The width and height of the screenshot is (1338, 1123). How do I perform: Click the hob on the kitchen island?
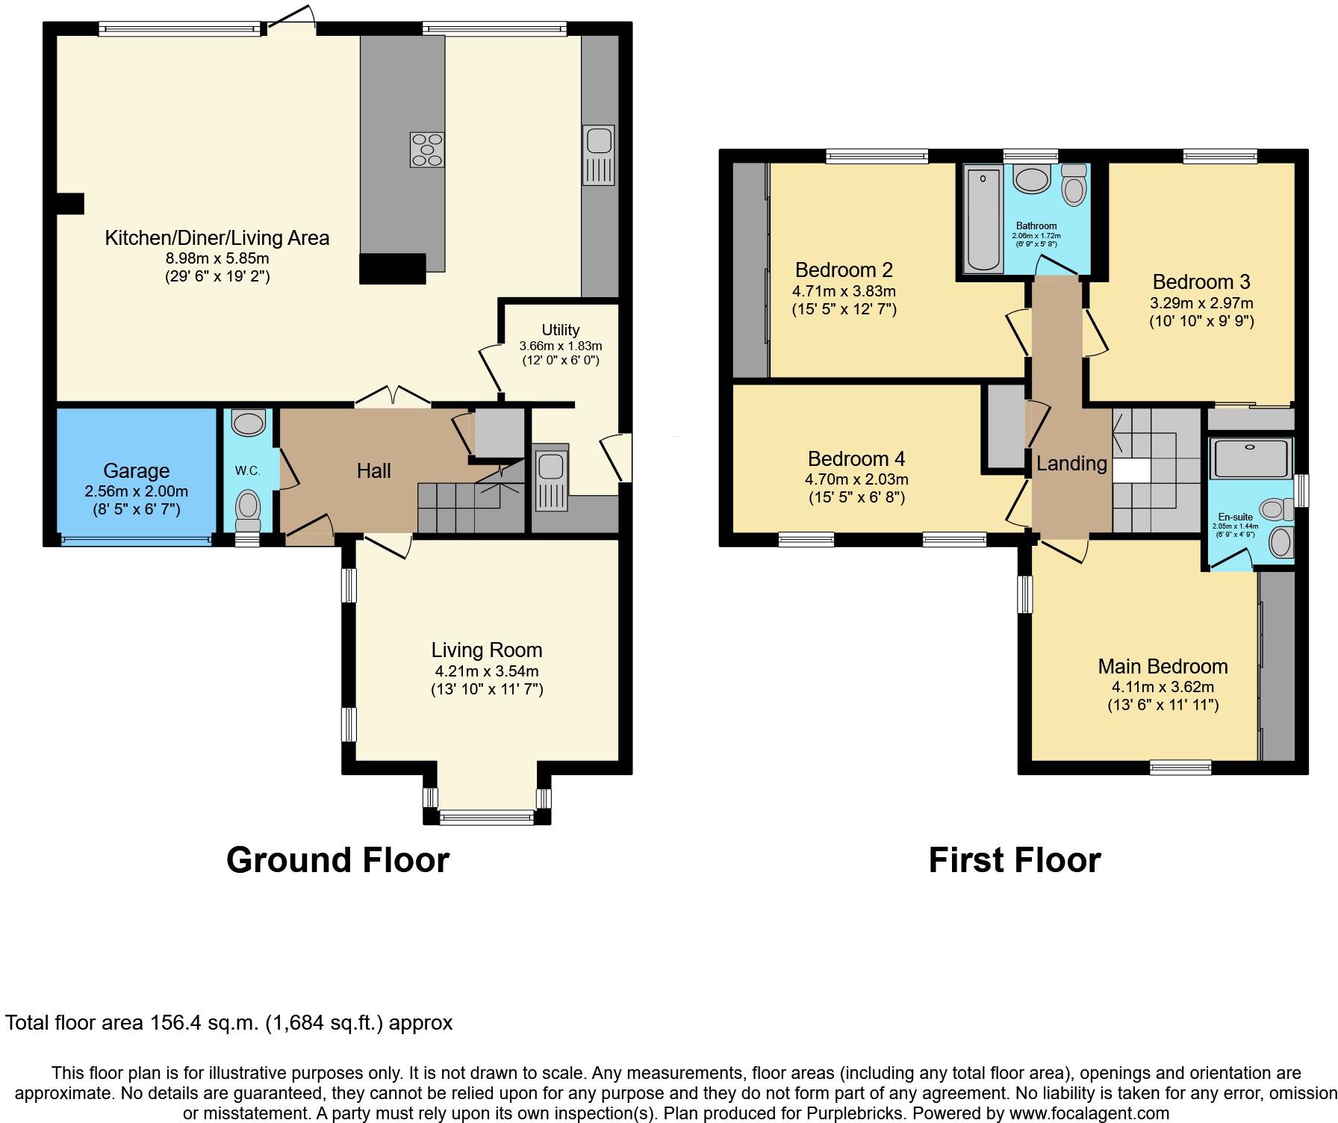coord(427,149)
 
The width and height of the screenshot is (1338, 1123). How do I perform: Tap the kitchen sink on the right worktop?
coord(599,155)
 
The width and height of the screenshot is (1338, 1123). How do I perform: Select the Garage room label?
coord(136,470)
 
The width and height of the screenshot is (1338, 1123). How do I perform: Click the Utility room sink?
coord(551,478)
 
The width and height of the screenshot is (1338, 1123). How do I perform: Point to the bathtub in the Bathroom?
coord(983,220)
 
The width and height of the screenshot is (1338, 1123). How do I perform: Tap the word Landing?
coord(1071,464)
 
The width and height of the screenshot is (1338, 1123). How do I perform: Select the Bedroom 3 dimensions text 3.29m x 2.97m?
coord(1201,303)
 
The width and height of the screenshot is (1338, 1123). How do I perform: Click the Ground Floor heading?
coord(337,860)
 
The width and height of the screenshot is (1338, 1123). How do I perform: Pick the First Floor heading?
coord(1014,860)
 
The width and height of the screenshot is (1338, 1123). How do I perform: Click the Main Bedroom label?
coord(1162,666)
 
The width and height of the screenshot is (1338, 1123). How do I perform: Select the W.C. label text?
coord(247,470)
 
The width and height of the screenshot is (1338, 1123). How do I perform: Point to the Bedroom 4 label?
coord(856,458)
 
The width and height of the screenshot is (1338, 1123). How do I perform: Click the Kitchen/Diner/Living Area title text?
coord(217,238)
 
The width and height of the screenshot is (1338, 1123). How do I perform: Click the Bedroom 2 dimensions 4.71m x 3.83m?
coord(844,291)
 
